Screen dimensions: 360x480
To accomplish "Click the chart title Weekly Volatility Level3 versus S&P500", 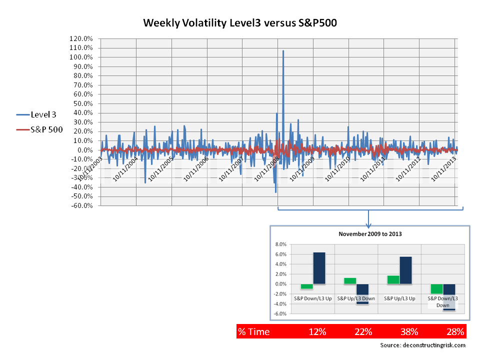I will click(243, 23).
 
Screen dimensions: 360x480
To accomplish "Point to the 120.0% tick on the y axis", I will click(81, 38).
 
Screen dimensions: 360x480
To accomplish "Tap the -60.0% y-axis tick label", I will click(81, 205).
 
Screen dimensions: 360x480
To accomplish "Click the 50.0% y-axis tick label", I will click(81, 103).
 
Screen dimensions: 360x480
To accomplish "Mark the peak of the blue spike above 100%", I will click(283, 51).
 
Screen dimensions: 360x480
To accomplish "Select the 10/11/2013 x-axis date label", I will click(442, 169).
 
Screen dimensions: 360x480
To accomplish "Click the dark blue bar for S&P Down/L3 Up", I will click(319, 268).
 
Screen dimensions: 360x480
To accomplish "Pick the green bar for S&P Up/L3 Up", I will click(393, 279).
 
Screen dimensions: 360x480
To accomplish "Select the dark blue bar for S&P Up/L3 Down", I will click(362, 293).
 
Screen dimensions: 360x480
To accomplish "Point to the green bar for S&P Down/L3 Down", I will click(436, 289).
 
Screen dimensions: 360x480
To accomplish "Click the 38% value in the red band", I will click(409, 331).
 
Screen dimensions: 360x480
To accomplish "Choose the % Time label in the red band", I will click(253, 331).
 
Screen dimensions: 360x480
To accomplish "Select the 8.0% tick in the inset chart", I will click(281, 244).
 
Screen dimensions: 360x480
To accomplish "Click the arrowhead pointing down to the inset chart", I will click(368, 222).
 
